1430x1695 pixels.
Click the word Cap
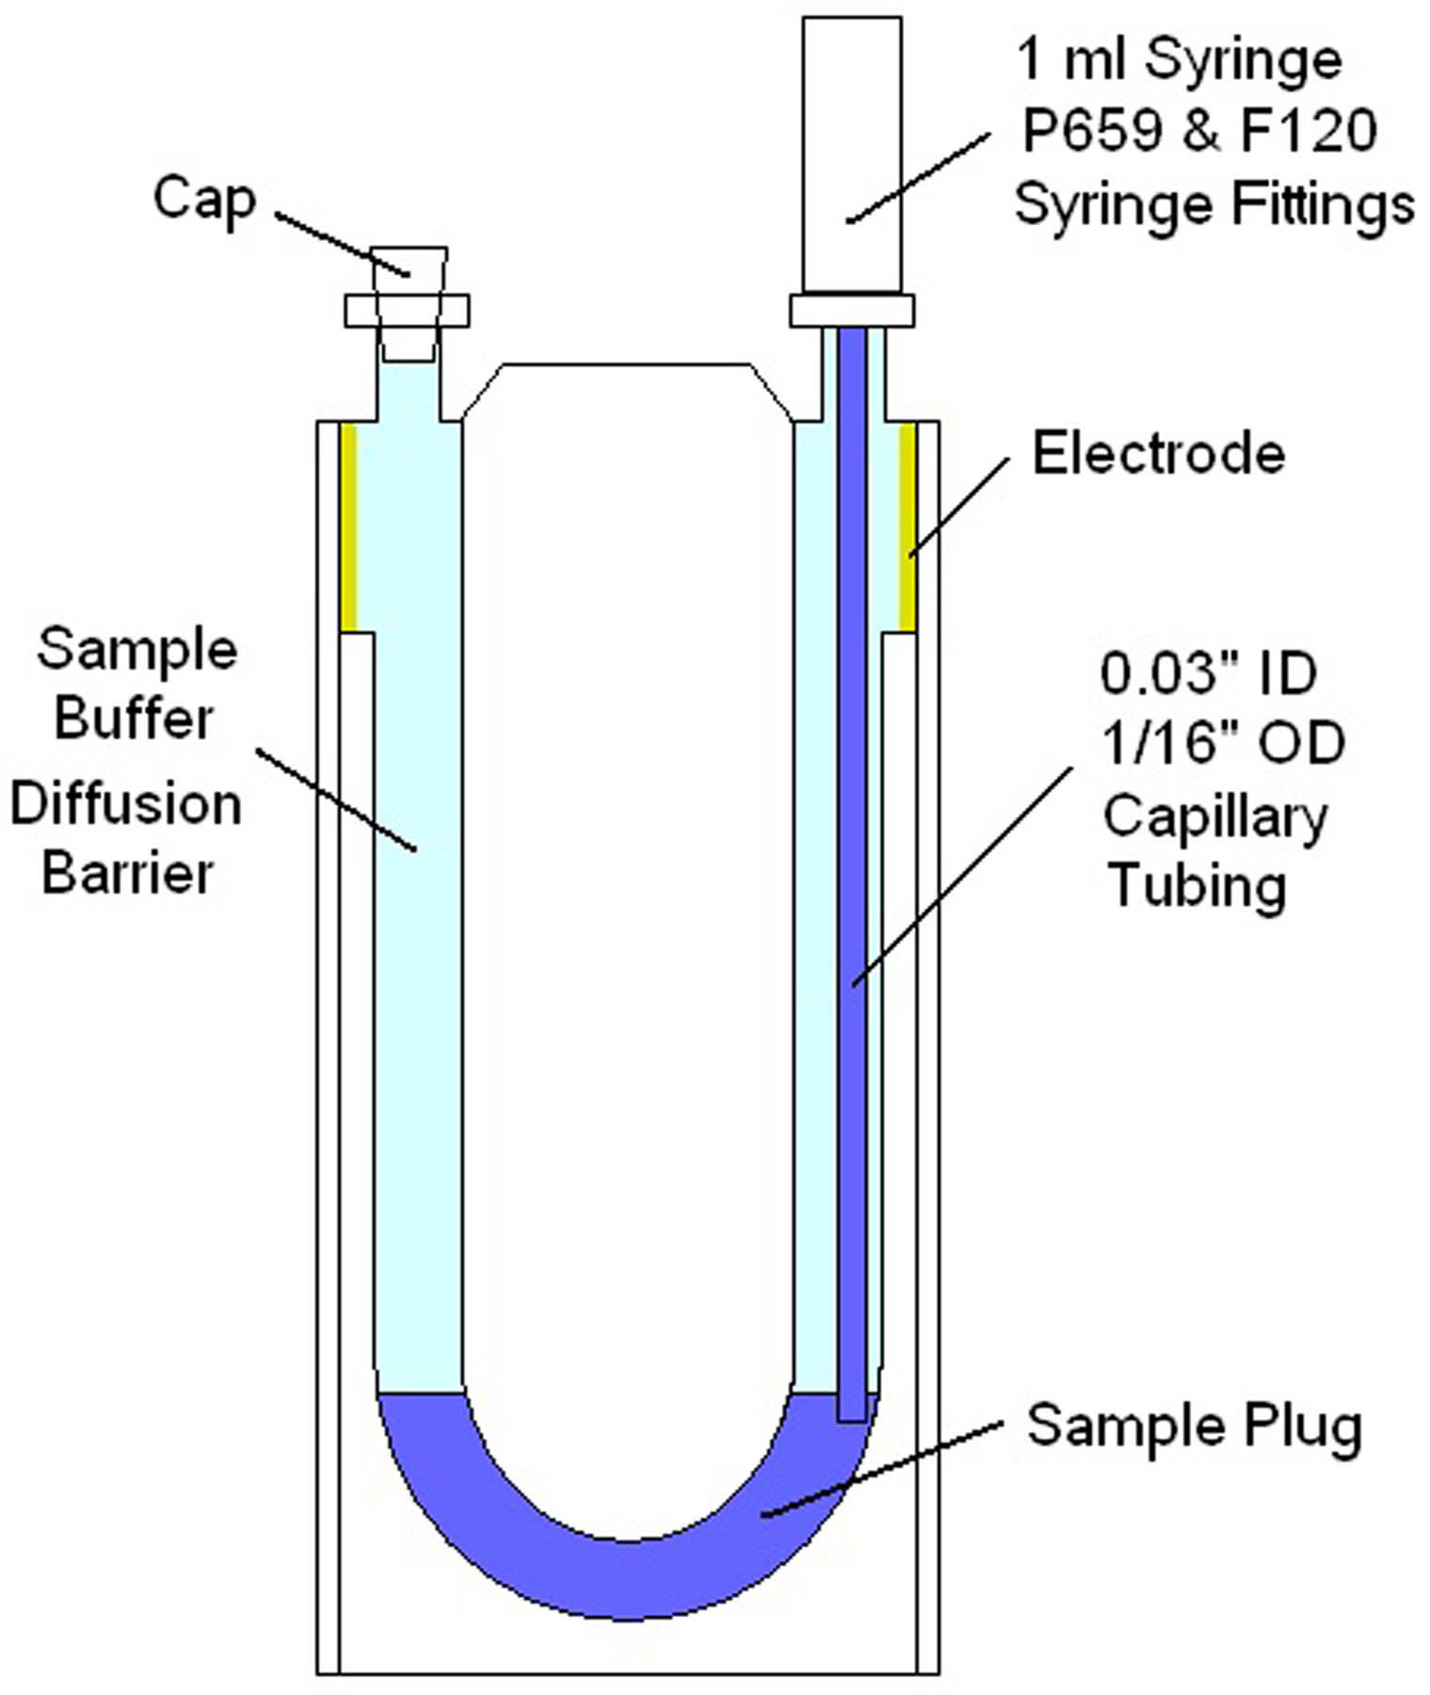(x=204, y=201)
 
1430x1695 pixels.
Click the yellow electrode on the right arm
(x=907, y=527)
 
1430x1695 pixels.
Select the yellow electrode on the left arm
(x=348, y=527)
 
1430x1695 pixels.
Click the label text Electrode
(x=1158, y=454)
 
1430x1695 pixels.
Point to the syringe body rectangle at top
(x=851, y=151)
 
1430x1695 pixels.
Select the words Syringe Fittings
(x=1214, y=204)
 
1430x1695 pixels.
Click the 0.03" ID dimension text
(x=1208, y=674)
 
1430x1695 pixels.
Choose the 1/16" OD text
(x=1223, y=744)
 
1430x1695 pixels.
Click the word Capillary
(x=1214, y=815)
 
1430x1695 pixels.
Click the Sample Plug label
(x=1194, y=1426)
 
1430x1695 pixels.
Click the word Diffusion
(x=126, y=805)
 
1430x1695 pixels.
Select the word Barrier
(x=127, y=873)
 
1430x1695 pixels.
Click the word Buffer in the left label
(x=133, y=718)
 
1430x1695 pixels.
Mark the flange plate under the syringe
(x=851, y=311)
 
